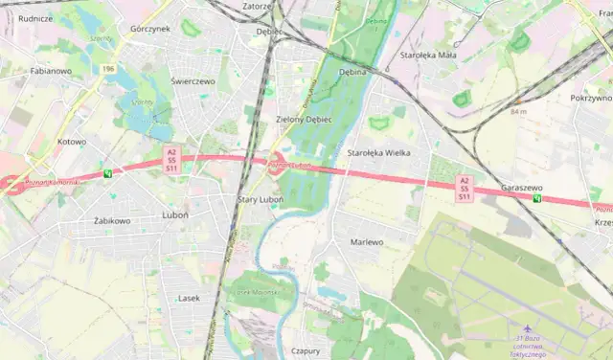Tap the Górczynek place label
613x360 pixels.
pos(150,30)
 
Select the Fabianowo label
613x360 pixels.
pos(51,71)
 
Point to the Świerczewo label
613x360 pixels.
pos(193,81)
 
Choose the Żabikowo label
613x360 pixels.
pos(112,220)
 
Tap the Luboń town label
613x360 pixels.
pos(175,215)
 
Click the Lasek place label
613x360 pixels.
pos(190,298)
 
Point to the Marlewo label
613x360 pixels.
pos(367,242)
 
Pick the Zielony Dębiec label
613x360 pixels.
pos(303,120)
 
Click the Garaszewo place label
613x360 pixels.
pos(522,189)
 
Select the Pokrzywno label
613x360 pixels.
pos(590,98)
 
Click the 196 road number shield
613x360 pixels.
pos(110,69)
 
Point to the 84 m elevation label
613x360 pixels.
pos(519,112)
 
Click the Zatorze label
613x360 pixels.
pos(259,6)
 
